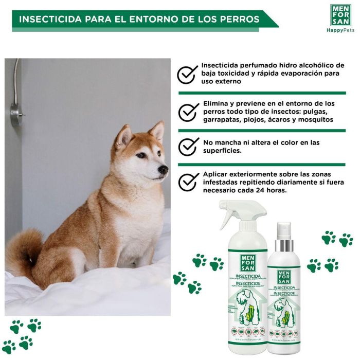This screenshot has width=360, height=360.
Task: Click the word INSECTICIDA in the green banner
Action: click(x=48, y=20)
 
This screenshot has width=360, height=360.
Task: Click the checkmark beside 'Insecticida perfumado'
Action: click(x=188, y=74)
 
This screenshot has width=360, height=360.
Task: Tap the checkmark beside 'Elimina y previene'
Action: click(x=188, y=111)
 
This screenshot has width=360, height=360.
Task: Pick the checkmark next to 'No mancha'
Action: click(x=188, y=146)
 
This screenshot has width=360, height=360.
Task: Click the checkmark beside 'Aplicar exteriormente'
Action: click(x=188, y=182)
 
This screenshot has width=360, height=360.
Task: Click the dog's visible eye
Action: click(x=141, y=154)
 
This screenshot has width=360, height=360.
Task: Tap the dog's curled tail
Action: click(x=24, y=252)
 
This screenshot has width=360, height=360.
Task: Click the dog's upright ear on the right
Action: click(x=156, y=131)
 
